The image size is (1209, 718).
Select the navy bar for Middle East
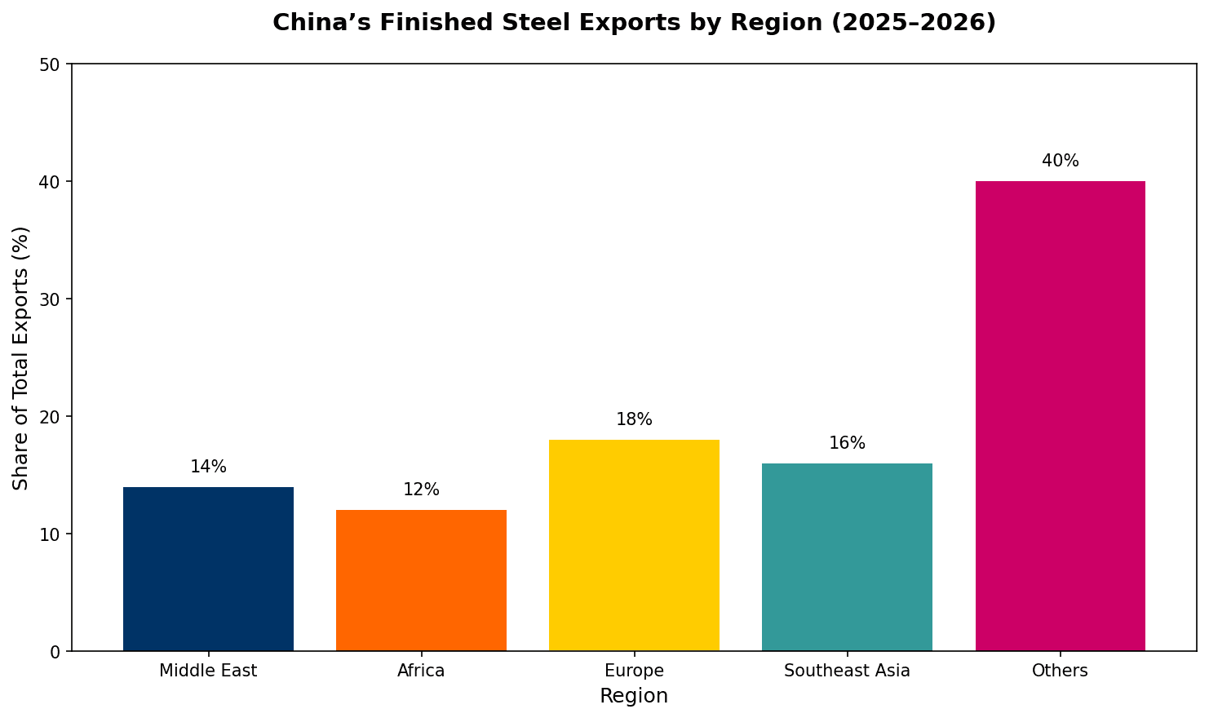(x=208, y=569)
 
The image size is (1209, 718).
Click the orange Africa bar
(x=421, y=580)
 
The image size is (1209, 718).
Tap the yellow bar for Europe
(x=634, y=545)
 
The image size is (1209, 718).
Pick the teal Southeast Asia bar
(x=847, y=556)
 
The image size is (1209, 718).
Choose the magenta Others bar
(x=1060, y=416)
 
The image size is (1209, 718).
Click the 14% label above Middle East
(x=208, y=468)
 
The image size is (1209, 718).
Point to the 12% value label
(x=421, y=490)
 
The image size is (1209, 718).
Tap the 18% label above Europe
(x=634, y=420)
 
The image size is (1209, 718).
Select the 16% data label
(x=847, y=444)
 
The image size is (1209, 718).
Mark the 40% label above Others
(x=1060, y=162)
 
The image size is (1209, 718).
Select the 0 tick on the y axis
(x=56, y=652)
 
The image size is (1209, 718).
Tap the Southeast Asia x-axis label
(x=847, y=671)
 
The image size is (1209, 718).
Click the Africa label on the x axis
(x=421, y=671)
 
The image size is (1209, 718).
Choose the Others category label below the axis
(x=1060, y=671)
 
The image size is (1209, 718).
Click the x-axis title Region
(x=634, y=696)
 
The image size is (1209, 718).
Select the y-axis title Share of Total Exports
(x=21, y=358)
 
